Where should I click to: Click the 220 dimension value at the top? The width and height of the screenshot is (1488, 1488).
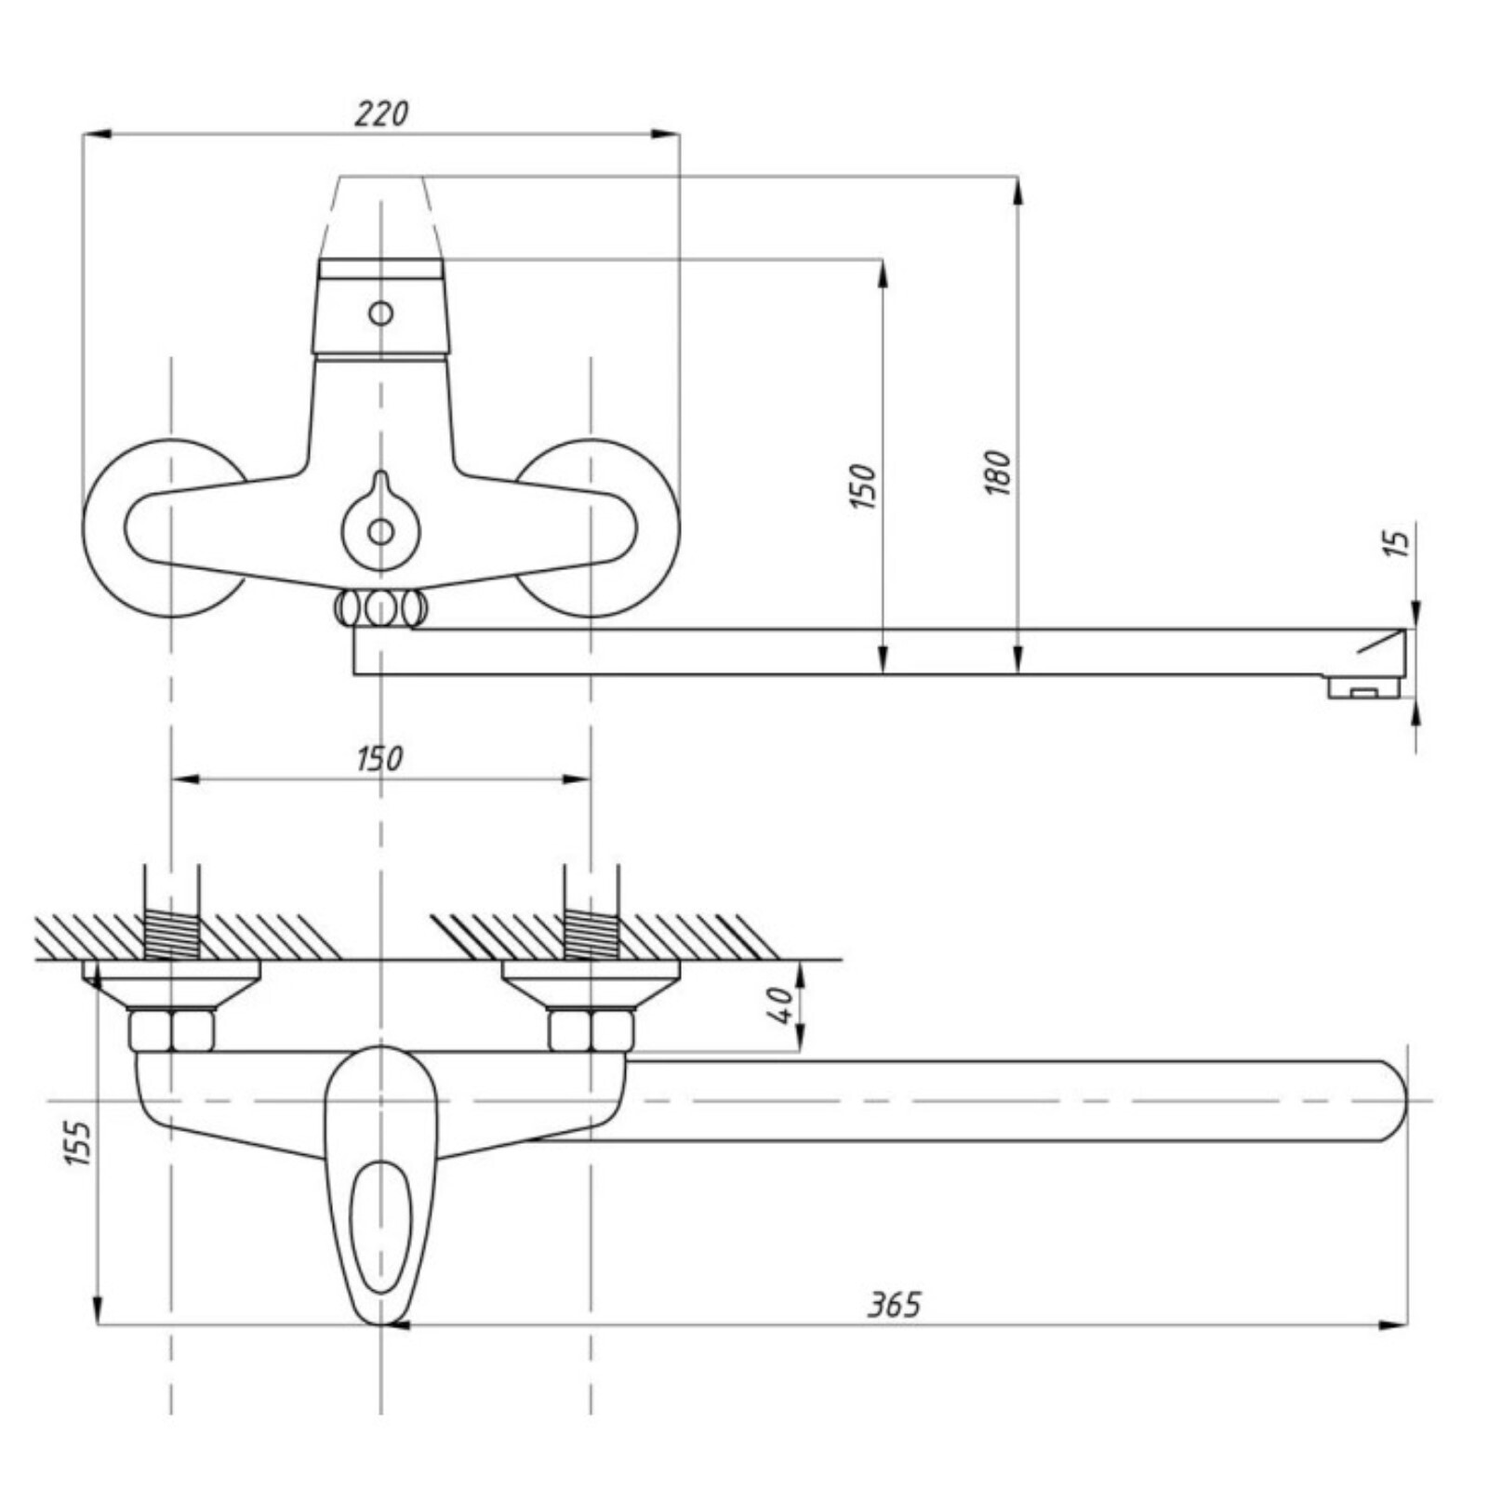(381, 113)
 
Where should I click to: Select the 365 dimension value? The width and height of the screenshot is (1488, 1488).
(894, 1305)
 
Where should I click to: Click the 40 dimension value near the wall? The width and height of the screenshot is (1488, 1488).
(781, 1004)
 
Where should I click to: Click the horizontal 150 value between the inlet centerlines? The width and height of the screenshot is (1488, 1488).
(380, 759)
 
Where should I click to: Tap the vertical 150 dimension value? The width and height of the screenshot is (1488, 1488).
(863, 485)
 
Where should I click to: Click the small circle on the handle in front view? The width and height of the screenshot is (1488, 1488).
(380, 312)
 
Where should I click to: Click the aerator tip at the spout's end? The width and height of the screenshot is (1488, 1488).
(1363, 688)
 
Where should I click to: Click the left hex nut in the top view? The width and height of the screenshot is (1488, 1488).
(171, 1030)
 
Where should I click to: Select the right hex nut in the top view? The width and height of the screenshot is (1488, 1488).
(591, 1030)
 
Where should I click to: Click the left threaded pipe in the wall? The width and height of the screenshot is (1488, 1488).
(171, 933)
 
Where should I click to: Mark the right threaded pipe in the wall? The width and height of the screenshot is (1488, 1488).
(591, 933)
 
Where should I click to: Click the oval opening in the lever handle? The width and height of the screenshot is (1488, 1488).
(379, 1226)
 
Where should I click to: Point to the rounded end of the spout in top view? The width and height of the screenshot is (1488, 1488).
(1390, 1100)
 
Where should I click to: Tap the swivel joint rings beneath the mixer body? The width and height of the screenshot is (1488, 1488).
(380, 609)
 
